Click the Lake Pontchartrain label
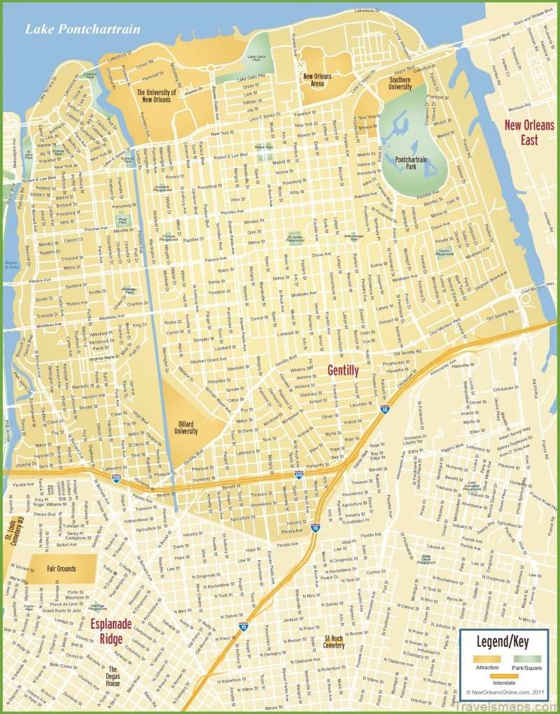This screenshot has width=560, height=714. click(x=82, y=29)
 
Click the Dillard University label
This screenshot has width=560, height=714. click(x=185, y=427)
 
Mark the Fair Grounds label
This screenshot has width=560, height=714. click(x=51, y=569)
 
